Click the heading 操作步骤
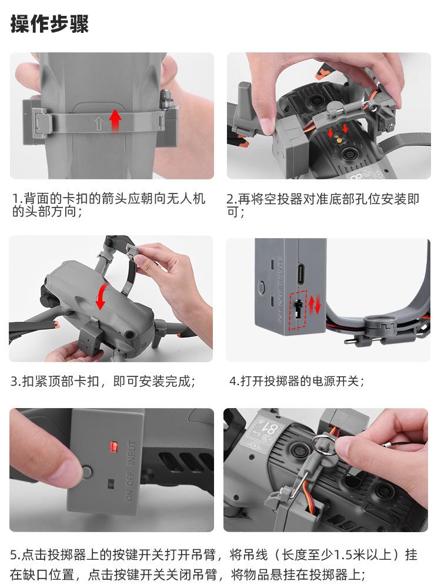click(49, 24)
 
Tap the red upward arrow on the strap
click(115, 120)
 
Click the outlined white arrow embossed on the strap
click(98, 123)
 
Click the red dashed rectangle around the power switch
click(299, 310)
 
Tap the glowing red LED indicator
click(113, 447)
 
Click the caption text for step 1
click(109, 205)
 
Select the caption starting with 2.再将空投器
click(322, 205)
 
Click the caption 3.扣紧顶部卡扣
click(103, 382)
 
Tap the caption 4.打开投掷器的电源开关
click(296, 382)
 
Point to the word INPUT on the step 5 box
click(132, 453)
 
